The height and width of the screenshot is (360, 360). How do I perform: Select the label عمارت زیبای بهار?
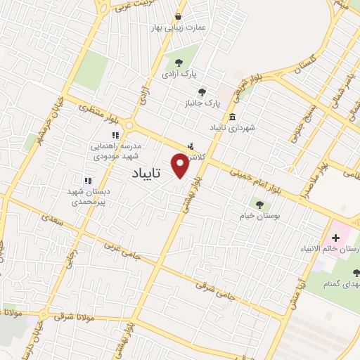pos(176,28)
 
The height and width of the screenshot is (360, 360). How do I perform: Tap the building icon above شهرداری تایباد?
pos(232,117)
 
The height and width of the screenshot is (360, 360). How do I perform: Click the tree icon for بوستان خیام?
pos(259,205)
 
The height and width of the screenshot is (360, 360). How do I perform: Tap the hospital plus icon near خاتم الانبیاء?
pos(335,238)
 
